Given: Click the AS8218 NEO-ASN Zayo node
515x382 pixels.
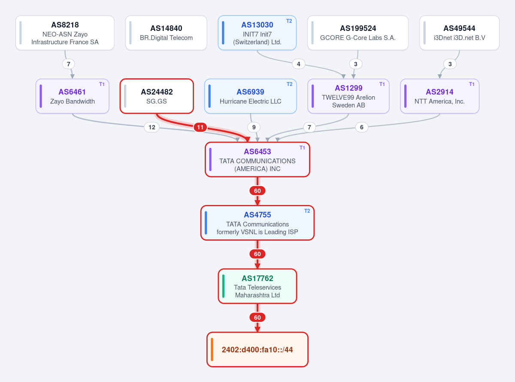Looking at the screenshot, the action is pyautogui.click(x=65, y=33).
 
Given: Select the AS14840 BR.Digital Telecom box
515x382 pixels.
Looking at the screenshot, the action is pyautogui.click(x=166, y=33).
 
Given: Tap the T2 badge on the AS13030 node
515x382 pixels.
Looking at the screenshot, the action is pyautogui.click(x=289, y=21).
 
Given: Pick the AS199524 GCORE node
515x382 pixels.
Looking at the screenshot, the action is pyautogui.click(x=358, y=33).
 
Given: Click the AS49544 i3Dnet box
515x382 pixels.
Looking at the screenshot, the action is pyautogui.click(x=459, y=33).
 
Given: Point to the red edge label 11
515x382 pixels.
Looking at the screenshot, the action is pyautogui.click(x=200, y=127).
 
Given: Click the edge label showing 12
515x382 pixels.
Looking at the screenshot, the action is pyautogui.click(x=152, y=127).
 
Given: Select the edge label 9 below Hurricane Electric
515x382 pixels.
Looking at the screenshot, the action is pyautogui.click(x=254, y=127).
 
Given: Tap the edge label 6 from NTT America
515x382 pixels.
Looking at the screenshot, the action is pyautogui.click(x=361, y=127).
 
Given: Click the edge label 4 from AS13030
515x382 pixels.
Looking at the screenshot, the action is pyautogui.click(x=299, y=64).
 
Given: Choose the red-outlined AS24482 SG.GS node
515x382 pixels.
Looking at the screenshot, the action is pyautogui.click(x=157, y=96).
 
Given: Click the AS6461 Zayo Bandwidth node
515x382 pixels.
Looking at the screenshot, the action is pyautogui.click(x=73, y=96).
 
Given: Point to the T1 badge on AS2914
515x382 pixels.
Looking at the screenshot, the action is pyautogui.click(x=472, y=84).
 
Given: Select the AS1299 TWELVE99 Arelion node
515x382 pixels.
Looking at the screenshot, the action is pyautogui.click(x=348, y=96).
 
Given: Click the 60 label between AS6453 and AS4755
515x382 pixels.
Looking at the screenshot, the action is pyautogui.click(x=257, y=191).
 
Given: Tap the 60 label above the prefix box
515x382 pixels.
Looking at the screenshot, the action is pyautogui.click(x=257, y=318).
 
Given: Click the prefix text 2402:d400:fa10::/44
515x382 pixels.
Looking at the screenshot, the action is pyautogui.click(x=257, y=350).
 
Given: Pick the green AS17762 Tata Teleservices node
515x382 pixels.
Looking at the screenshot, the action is pyautogui.click(x=257, y=286).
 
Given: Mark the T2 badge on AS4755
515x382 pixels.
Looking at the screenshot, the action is pyautogui.click(x=307, y=211).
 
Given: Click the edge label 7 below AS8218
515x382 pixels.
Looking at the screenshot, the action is pyautogui.click(x=69, y=64).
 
